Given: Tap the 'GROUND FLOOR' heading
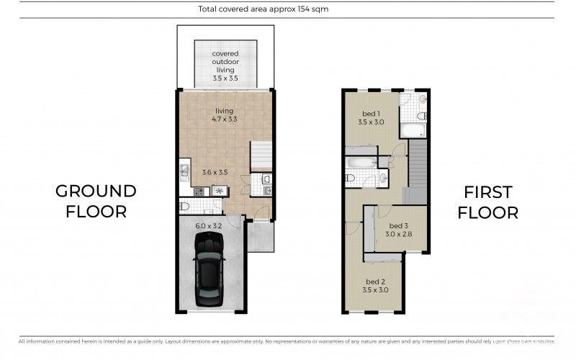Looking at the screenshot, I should point(96,201).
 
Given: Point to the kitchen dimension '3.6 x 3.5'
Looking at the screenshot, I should point(215,172).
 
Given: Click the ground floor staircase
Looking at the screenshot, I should point(261,156).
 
